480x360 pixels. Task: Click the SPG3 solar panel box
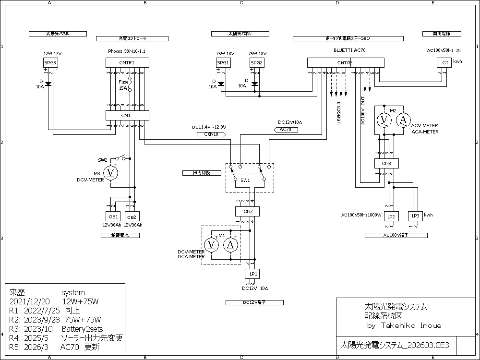tap(50, 63)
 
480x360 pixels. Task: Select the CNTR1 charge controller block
tap(127, 63)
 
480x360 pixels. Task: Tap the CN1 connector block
tap(127, 115)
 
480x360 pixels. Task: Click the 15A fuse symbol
tap(129, 86)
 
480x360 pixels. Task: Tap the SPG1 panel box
tap(223, 63)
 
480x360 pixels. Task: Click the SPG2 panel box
tap(257, 63)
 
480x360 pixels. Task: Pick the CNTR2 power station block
tap(345, 63)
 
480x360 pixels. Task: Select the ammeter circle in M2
tap(403, 120)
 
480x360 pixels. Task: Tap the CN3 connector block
tap(386, 163)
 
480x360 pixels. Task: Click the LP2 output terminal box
tap(391, 216)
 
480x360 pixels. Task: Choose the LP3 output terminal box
tap(415, 216)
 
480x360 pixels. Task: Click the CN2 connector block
tap(248, 211)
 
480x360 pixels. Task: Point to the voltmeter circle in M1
tap(211, 245)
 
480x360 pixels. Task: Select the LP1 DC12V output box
tap(252, 274)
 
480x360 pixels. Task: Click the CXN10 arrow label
tap(211, 135)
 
